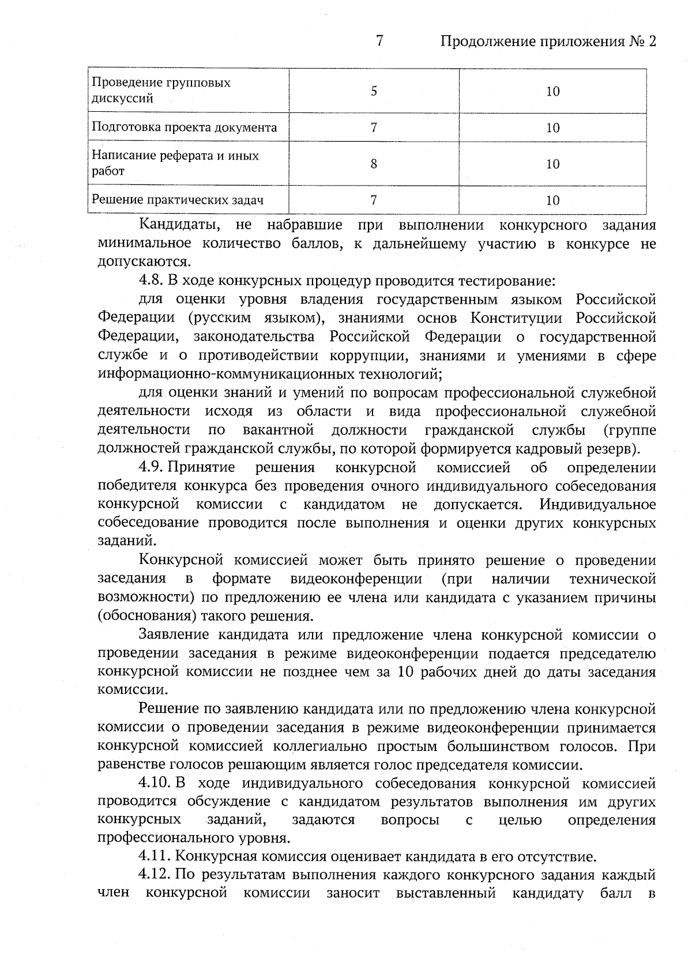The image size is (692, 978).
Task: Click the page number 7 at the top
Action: (379, 41)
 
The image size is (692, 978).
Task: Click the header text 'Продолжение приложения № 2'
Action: (548, 42)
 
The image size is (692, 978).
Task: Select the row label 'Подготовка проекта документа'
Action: (185, 127)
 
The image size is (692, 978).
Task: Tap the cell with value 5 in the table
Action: (374, 91)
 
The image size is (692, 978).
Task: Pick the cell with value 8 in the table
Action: (374, 164)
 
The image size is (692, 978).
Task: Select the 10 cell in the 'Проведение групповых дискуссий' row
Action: (552, 91)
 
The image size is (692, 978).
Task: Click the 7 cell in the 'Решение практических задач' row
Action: (374, 200)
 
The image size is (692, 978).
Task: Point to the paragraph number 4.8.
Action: (151, 281)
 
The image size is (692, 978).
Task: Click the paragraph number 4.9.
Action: (151, 467)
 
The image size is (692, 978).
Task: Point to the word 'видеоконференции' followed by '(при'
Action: (356, 579)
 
